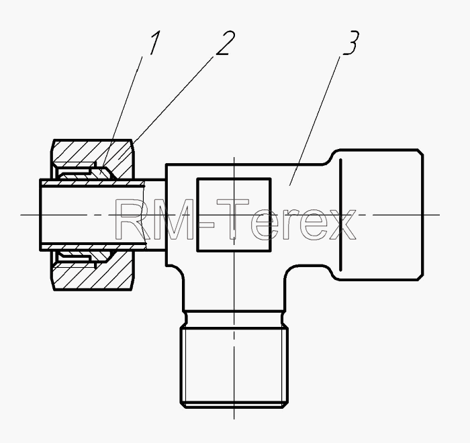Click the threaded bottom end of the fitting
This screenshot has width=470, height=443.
[x=234, y=367]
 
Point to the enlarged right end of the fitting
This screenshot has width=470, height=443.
[x=377, y=215]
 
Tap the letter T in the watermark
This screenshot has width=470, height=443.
[x=232, y=219]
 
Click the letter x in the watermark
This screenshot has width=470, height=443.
[x=341, y=224]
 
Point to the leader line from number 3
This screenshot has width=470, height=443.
[x=315, y=121]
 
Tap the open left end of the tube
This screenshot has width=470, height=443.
[x=41, y=215]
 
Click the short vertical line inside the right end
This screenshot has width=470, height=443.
[x=340, y=215]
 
